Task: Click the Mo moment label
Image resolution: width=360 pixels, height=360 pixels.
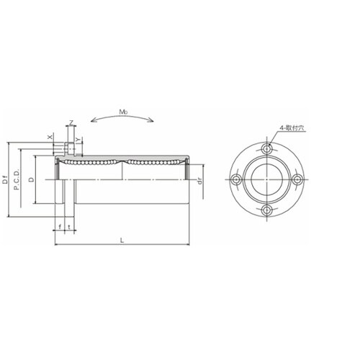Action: (123, 112)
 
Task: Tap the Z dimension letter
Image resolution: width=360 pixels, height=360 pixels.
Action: (71, 123)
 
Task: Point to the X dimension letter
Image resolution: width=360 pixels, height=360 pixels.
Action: (50, 137)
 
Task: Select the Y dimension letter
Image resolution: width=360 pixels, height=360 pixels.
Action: (78, 139)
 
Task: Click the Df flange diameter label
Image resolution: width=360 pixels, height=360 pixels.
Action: (5, 180)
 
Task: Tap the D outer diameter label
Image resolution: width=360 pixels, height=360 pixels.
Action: (31, 179)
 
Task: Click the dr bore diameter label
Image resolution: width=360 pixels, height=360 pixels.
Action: (199, 181)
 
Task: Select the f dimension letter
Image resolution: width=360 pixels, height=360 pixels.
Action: (60, 226)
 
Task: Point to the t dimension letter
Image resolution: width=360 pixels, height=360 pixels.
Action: (69, 226)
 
